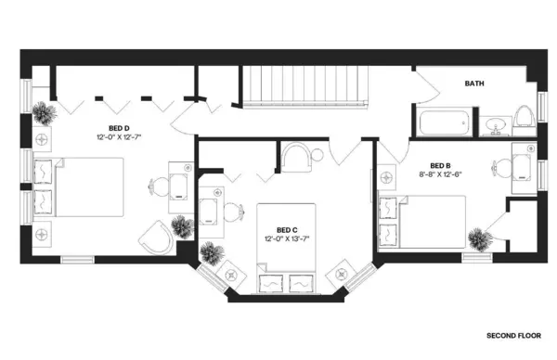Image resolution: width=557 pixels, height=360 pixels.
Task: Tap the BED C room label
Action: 286,229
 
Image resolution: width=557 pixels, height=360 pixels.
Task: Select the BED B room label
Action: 428,165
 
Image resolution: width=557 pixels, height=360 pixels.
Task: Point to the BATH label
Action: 474,84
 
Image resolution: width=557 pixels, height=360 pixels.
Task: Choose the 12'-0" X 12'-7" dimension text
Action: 123,136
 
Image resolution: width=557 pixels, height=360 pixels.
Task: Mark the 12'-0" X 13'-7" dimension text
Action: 287,238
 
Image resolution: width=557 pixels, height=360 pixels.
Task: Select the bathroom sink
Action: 494,123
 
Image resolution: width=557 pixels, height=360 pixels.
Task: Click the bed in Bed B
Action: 421,221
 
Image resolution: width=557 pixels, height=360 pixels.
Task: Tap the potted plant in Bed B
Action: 477,238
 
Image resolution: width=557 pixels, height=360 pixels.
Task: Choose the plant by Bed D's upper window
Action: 43,115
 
